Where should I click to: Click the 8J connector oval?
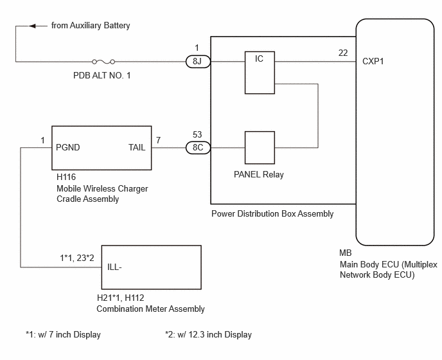(x=198, y=62)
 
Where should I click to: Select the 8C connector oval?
(x=198, y=148)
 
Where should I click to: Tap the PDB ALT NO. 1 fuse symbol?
(x=103, y=62)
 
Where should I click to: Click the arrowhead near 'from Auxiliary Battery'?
(x=32, y=26)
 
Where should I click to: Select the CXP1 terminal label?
(x=373, y=61)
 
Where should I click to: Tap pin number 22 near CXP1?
(x=343, y=53)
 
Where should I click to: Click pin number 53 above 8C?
(x=197, y=134)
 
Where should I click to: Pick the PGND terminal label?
(x=68, y=147)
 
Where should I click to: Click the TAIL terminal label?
(x=137, y=147)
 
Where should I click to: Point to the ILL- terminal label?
(x=114, y=267)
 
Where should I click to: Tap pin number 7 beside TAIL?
(x=159, y=140)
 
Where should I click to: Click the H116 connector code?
(x=66, y=177)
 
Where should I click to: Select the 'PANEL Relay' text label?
(x=259, y=174)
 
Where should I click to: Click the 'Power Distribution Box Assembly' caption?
(x=272, y=213)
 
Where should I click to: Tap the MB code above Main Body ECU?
(x=346, y=253)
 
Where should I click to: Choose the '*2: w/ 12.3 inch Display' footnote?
(x=208, y=335)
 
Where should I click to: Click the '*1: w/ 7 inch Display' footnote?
(x=63, y=335)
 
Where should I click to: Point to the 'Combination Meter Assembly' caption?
(x=150, y=309)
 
